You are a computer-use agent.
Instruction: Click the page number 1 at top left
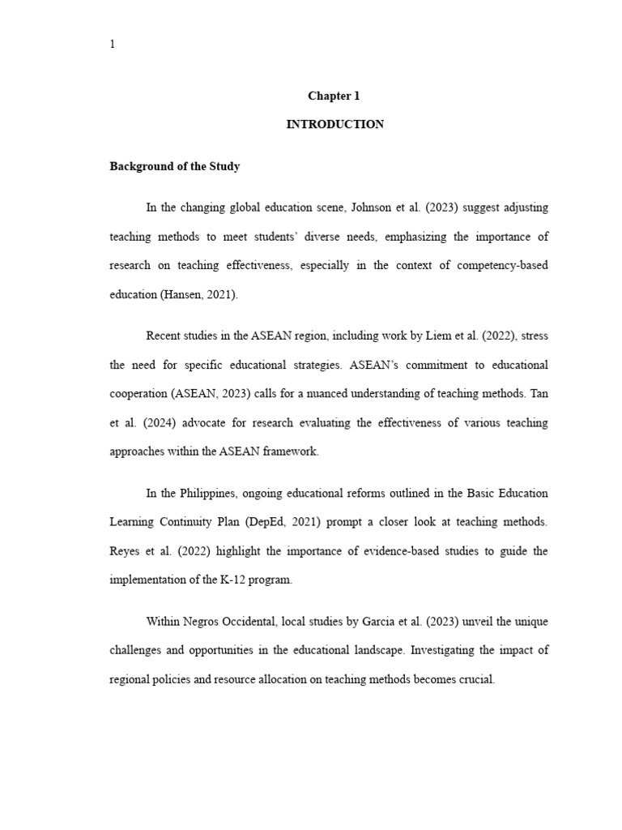113,45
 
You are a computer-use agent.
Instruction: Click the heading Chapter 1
334,96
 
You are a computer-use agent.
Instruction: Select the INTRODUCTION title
334,125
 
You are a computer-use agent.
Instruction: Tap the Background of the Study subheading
175,166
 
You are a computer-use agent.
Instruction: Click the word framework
291,452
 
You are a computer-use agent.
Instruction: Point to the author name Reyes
126,551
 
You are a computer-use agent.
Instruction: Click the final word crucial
475,680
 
